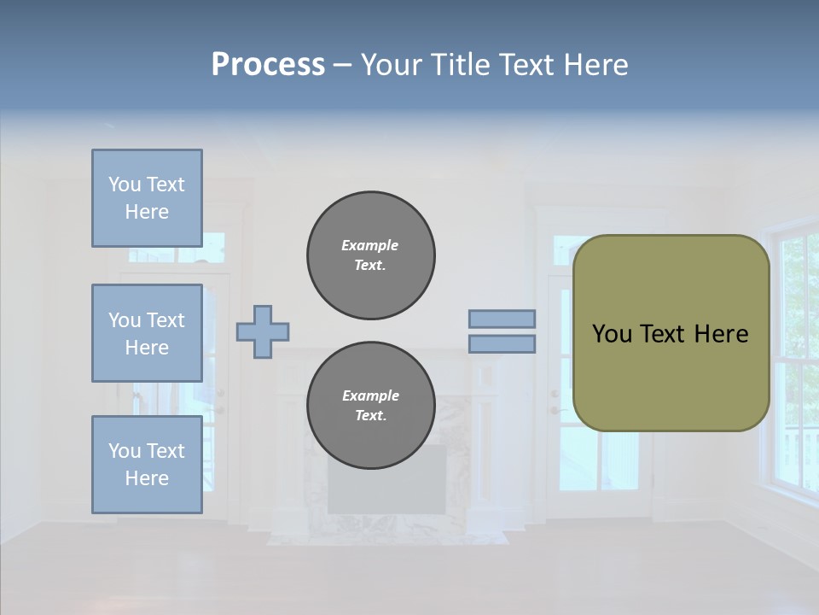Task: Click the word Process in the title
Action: coord(268,65)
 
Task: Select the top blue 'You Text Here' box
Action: coord(147,198)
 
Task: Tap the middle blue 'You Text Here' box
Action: coord(147,333)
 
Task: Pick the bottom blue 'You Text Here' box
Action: coord(147,464)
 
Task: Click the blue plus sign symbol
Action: coord(262,331)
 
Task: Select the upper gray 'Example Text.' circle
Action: coord(370,255)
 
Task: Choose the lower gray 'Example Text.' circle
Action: coord(370,406)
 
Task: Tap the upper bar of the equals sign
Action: coord(502,319)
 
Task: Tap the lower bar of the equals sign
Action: coord(502,343)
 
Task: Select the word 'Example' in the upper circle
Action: coord(370,246)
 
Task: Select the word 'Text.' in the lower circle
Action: coord(370,416)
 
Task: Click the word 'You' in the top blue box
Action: coord(125,184)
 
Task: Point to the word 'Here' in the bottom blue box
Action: coord(147,478)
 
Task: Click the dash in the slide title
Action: coord(342,65)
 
